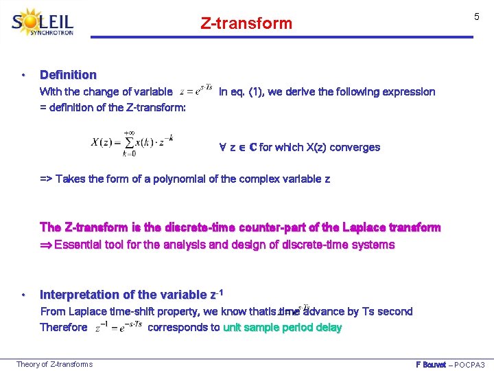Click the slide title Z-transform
pyautogui.click(x=246, y=23)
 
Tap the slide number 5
pyautogui.click(x=475, y=16)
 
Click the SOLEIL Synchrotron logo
pyautogui.click(x=43, y=23)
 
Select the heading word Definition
pyautogui.click(x=68, y=75)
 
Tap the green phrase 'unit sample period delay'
pyautogui.click(x=282, y=328)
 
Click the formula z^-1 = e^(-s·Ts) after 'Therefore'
pyautogui.click(x=117, y=327)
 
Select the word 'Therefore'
pyautogui.click(x=64, y=328)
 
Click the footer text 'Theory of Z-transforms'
pyautogui.click(x=54, y=364)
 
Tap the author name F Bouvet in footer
pyautogui.click(x=431, y=364)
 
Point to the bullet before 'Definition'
pyautogui.click(x=23, y=75)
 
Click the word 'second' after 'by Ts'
pyautogui.click(x=395, y=311)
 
